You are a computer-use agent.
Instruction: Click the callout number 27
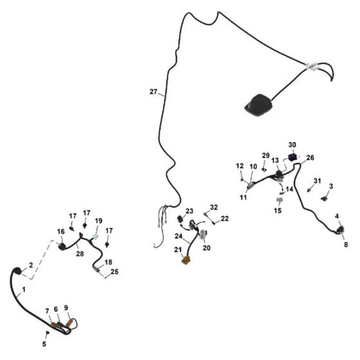(154, 91)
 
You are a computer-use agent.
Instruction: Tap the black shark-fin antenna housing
(258, 105)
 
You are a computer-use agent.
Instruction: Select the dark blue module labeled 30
(292, 157)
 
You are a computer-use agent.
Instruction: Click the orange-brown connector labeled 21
(186, 260)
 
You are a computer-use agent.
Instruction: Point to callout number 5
(44, 344)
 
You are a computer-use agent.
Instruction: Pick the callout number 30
(292, 145)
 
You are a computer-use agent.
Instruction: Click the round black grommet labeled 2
(17, 271)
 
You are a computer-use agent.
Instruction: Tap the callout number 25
(114, 271)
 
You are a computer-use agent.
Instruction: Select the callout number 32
(213, 207)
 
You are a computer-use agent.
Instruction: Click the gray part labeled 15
(280, 200)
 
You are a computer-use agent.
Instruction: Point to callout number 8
(346, 244)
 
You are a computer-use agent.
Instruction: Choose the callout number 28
(80, 254)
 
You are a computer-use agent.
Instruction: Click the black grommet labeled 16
(62, 247)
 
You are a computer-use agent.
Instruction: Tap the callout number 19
(99, 221)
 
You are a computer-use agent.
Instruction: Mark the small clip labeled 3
(324, 199)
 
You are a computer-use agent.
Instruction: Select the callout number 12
(240, 166)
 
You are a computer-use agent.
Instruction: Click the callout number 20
(206, 248)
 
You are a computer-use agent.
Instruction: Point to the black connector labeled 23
(180, 219)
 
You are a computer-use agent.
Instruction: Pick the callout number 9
(66, 308)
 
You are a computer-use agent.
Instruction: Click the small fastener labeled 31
(309, 190)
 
